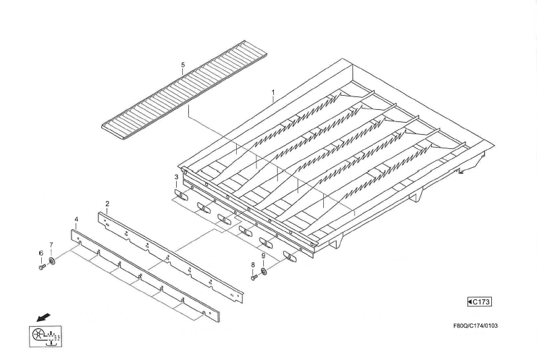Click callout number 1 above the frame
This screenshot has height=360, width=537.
273,92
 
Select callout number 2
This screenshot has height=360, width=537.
107,204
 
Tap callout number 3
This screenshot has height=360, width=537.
176,177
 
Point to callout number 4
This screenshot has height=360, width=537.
76,219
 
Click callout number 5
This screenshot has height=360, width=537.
183,65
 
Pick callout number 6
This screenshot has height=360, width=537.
41,253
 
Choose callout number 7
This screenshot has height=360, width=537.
51,245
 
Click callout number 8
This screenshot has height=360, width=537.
253,264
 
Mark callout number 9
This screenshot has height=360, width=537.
263,256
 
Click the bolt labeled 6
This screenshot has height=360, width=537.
42,266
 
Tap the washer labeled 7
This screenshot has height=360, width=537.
52,262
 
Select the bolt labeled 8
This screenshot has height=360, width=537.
254,278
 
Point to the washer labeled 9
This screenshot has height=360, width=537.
264,272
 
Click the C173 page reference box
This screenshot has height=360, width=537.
480,302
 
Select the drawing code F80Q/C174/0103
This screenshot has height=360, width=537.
476,326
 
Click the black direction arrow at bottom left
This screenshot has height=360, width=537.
43,318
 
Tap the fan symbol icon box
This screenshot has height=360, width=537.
45,336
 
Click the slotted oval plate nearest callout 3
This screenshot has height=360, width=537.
181,195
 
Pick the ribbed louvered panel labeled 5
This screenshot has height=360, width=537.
185,90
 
